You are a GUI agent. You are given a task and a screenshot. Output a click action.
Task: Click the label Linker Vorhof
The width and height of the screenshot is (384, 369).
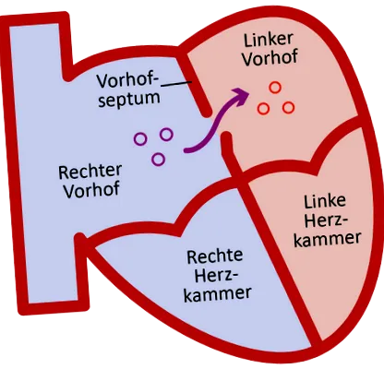click(x=270, y=48)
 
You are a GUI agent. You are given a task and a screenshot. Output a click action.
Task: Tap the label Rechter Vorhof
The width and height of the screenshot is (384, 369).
click(x=90, y=182)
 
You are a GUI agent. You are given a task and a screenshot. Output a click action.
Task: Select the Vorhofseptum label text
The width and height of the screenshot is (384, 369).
click(x=128, y=90)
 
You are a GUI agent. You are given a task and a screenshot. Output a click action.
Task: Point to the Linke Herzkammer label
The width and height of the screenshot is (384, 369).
click(x=327, y=220)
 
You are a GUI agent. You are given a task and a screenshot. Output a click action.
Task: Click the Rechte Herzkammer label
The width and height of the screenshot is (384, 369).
click(x=217, y=276)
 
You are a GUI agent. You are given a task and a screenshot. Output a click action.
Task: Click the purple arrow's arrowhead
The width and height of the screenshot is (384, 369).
click(x=241, y=96)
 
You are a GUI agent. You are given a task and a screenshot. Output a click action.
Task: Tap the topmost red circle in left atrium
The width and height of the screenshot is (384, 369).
click(x=275, y=88)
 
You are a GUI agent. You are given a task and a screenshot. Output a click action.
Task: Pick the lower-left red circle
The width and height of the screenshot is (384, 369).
click(x=263, y=109)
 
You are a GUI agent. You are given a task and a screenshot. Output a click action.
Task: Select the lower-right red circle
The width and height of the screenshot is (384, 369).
click(x=288, y=108)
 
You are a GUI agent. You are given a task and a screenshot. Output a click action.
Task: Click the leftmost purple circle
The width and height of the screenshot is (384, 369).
click(x=140, y=139)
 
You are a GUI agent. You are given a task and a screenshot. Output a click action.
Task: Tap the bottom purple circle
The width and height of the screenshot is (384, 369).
click(x=158, y=160)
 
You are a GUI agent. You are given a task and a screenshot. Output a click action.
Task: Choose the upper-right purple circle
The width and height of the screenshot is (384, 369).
click(x=166, y=135)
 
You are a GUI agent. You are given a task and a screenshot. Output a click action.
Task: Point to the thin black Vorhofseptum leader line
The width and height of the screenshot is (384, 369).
click(x=176, y=84)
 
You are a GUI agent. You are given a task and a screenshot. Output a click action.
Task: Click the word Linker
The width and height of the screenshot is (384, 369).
click(x=268, y=40)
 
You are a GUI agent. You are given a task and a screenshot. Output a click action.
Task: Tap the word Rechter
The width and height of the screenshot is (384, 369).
click(x=90, y=173)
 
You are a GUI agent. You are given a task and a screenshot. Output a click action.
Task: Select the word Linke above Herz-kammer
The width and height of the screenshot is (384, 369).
click(x=325, y=201)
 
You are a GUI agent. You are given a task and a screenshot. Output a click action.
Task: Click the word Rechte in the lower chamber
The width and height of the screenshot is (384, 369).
click(x=215, y=256)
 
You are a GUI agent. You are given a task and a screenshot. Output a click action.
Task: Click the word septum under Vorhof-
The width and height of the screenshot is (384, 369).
click(x=129, y=99)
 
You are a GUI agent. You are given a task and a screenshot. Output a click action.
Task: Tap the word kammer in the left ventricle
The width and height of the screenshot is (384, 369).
click(x=327, y=240)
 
